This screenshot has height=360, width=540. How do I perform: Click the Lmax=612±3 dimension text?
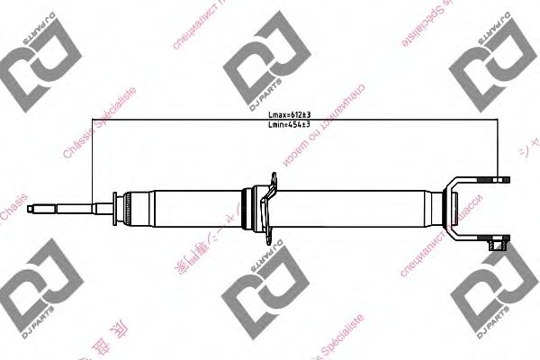pyautogui.click(x=289, y=114)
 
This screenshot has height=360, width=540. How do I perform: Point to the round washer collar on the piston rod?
pyautogui.click(x=115, y=209)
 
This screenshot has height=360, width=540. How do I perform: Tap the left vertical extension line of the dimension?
pyautogui.click(x=93, y=162)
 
